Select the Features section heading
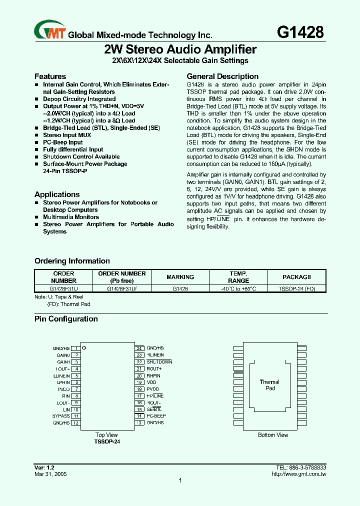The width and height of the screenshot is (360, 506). [x=50, y=76]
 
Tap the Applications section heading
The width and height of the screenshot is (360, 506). [x=57, y=194]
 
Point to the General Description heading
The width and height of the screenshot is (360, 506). [x=222, y=76]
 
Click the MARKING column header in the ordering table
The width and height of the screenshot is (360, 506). [x=180, y=277]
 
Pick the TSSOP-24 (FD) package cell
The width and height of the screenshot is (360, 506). [x=296, y=288]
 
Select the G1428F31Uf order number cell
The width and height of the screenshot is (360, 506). [x=122, y=288]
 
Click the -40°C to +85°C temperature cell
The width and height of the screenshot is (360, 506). [x=238, y=288]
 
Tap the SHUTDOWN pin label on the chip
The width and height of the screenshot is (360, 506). [x=159, y=361]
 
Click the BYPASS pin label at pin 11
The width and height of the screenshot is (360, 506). [x=60, y=415]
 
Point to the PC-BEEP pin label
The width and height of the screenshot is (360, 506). [x=156, y=415]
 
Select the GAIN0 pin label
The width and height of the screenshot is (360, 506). [x=63, y=355]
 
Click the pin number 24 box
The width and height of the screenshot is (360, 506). [x=140, y=348]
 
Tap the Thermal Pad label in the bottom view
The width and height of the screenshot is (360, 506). [x=269, y=385]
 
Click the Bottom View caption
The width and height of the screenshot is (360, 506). [x=273, y=435]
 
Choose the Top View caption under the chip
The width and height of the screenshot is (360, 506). [x=106, y=435]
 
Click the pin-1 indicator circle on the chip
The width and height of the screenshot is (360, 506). [x=84, y=347]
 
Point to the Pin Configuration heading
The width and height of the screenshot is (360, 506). [x=66, y=319]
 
